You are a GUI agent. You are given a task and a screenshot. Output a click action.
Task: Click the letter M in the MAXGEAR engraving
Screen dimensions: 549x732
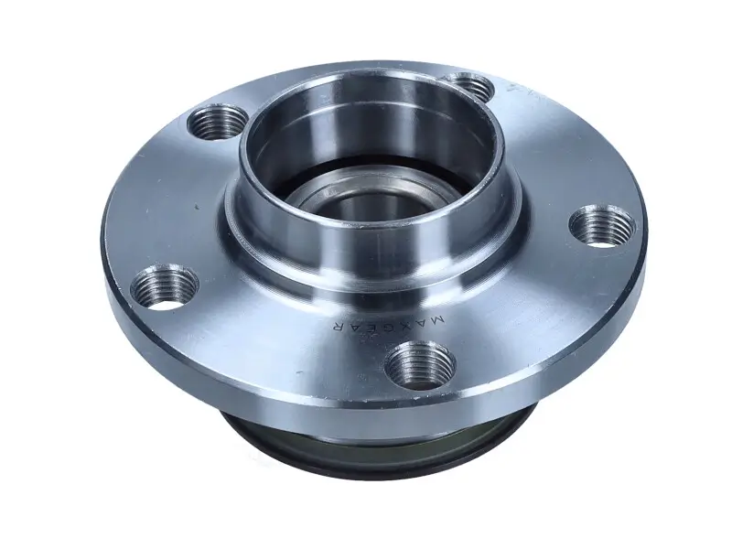437,319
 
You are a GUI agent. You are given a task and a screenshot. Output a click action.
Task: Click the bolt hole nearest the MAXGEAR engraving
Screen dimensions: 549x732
420,363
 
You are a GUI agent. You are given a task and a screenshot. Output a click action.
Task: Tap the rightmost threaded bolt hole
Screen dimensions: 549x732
601,225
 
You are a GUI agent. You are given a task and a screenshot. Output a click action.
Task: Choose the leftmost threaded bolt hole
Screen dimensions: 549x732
165,287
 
